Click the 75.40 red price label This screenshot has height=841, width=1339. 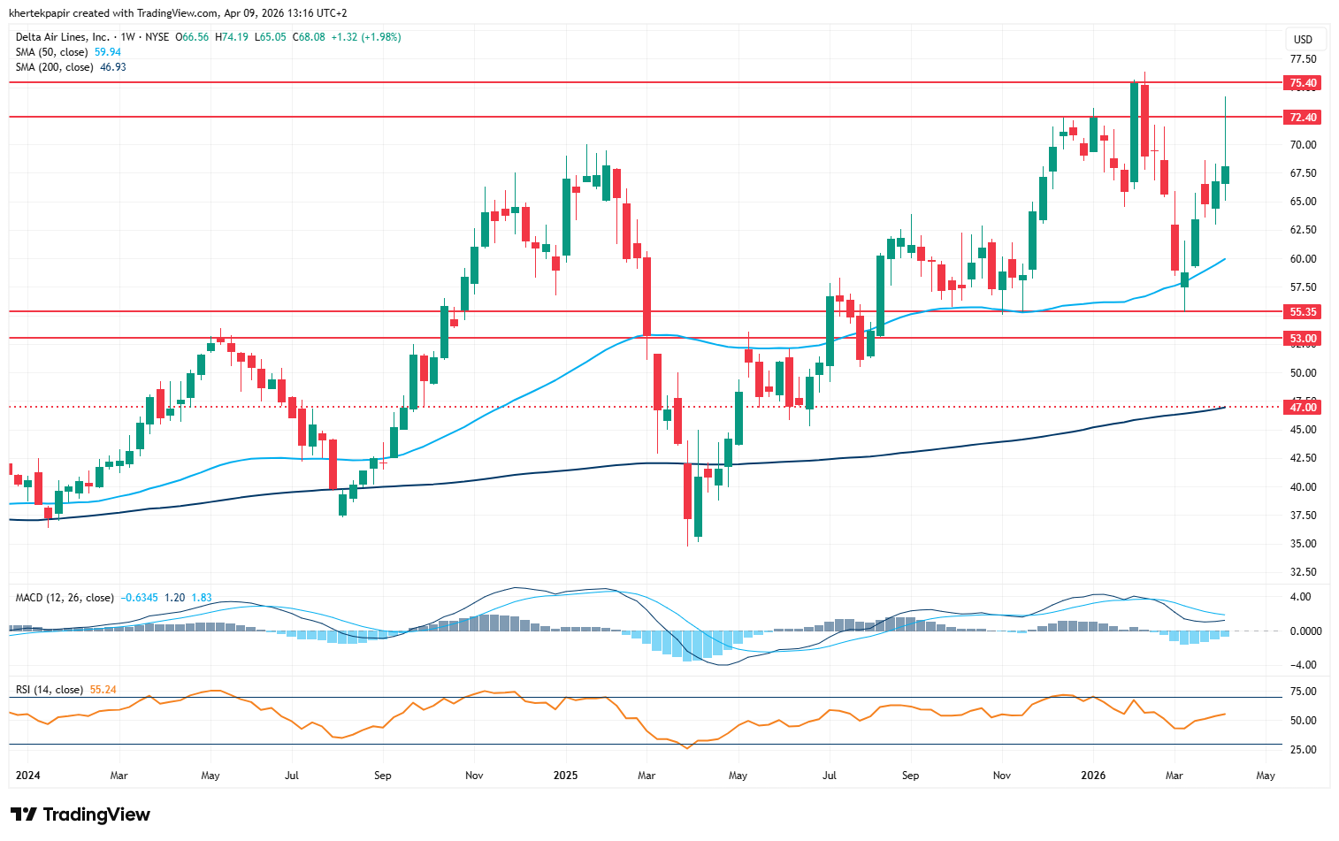(1303, 83)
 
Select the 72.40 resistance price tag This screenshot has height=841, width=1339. (1303, 118)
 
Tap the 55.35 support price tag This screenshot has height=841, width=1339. (1303, 312)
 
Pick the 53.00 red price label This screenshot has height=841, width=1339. (1303, 339)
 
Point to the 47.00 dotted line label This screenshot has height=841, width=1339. (1303, 408)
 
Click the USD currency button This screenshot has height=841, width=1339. (1303, 39)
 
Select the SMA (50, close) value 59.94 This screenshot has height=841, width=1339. (108, 52)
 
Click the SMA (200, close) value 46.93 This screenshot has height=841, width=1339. (113, 67)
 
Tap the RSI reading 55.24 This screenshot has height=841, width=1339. (103, 690)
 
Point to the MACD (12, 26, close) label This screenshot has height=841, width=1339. (65, 598)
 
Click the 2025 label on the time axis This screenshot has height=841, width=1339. (565, 776)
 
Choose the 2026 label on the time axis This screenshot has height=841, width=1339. (1093, 776)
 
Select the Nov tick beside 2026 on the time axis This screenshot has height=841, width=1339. (1002, 776)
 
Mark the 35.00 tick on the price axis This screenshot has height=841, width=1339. (1303, 544)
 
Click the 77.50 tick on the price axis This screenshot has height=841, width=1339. (1303, 59)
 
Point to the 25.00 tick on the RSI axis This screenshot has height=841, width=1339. (1303, 750)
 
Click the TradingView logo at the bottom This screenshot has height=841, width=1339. (80, 814)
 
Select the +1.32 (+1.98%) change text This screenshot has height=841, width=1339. (366, 37)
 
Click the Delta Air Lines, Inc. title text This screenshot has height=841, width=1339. (63, 37)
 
